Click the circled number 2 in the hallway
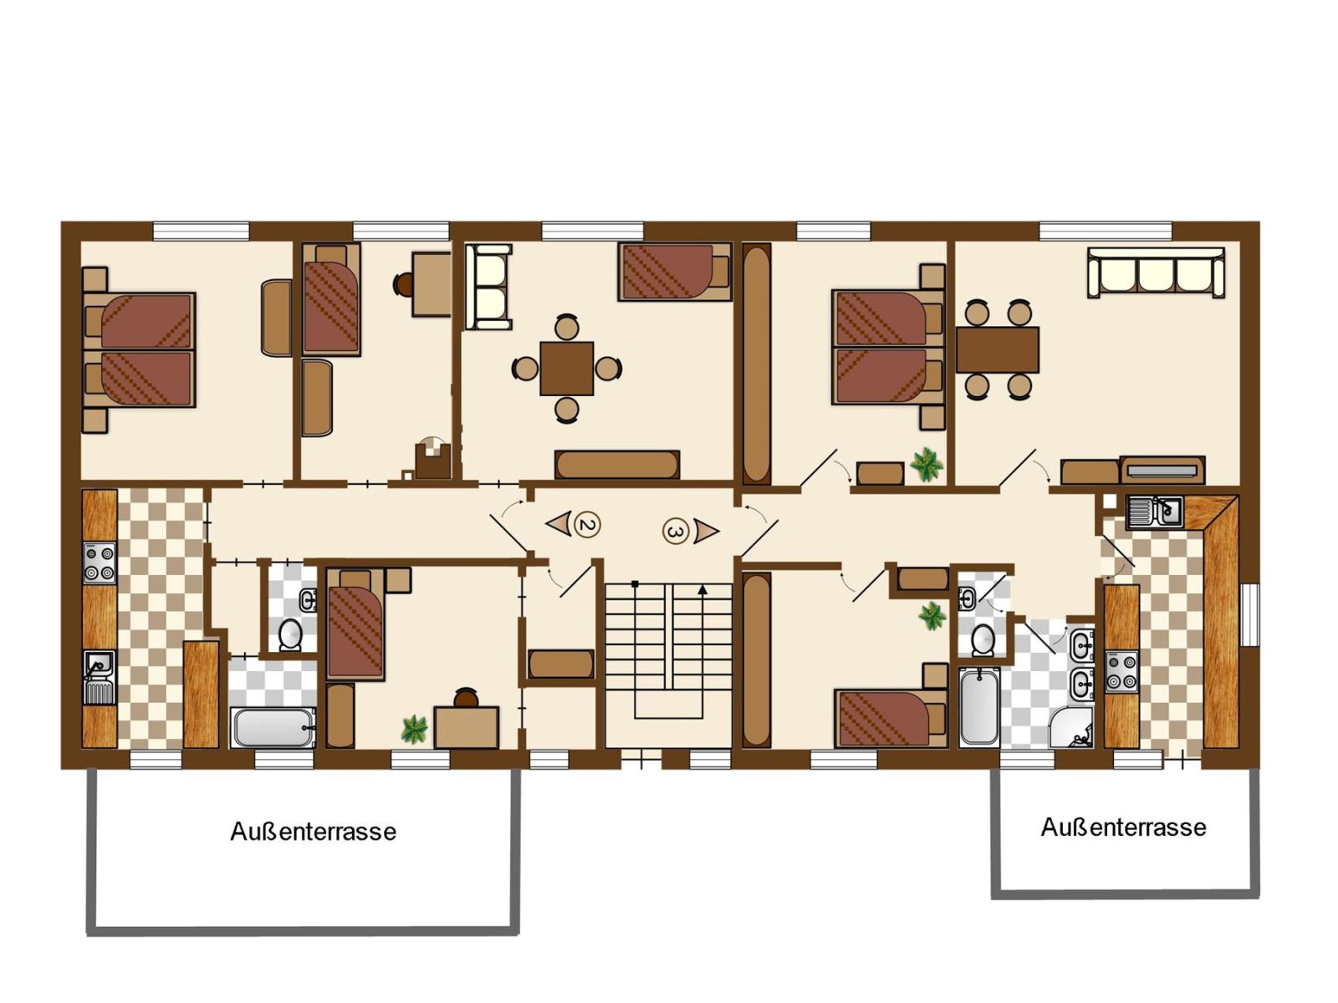click(588, 525)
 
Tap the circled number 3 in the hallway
click(676, 531)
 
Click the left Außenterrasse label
click(313, 832)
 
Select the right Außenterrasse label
click(1123, 827)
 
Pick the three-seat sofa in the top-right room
click(1156, 272)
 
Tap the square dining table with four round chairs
click(567, 368)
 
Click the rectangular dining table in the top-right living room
click(997, 349)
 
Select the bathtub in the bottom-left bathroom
click(273, 727)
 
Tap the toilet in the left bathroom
click(290, 634)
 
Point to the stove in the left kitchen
click(99, 563)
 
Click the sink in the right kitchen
click(1154, 511)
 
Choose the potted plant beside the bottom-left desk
click(414, 729)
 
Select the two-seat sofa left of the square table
click(488, 287)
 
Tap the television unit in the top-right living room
click(1162, 470)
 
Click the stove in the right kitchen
click(1121, 671)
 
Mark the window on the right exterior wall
click(1249, 614)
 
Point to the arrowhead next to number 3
click(706, 530)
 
